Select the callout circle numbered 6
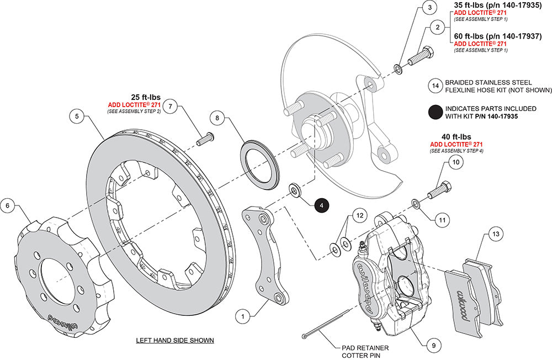pos(8,205)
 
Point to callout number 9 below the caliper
pos(433,346)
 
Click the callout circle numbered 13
pos(496,235)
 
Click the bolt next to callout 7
pos(205,138)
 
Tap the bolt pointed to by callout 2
pos(420,57)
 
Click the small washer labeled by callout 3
pos(397,69)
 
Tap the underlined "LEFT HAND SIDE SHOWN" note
pos(175,340)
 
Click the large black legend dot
pos(436,112)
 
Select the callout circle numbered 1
pos(241,316)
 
